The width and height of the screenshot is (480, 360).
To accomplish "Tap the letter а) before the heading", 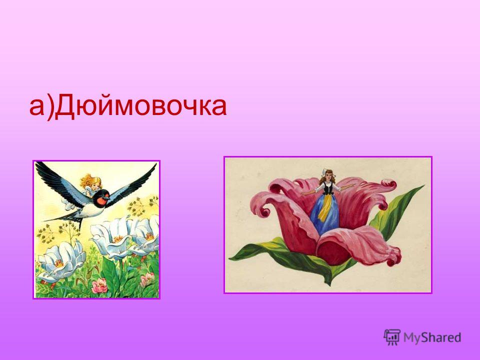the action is [41, 107].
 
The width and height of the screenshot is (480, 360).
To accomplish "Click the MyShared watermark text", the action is [432, 337].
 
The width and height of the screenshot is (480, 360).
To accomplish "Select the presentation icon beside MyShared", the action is [392, 337].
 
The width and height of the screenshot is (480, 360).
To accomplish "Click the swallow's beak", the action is [107, 196].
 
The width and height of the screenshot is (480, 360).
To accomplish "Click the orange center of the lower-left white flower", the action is [59, 263].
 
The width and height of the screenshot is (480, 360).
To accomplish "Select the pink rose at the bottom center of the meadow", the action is [99, 286].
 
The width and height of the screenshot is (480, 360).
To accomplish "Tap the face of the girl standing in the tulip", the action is [325, 176].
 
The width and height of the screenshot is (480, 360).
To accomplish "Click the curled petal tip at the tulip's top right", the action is [390, 184].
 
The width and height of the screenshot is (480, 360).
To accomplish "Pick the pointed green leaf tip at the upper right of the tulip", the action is [423, 186].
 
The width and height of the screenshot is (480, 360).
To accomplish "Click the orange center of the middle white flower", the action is [117, 239].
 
